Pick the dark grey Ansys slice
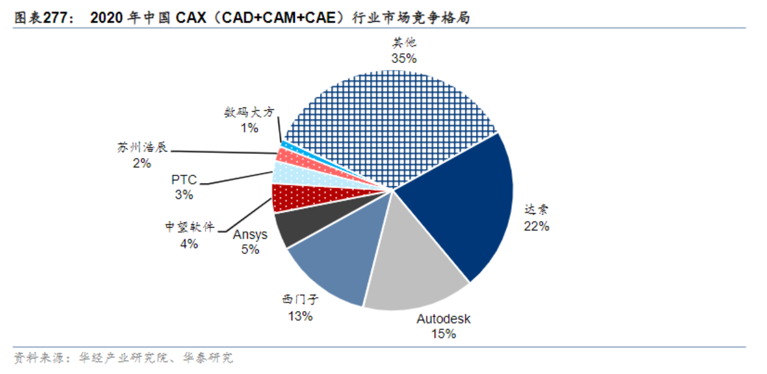tap(297, 226)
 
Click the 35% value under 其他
tap(404, 59)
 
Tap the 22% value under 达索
tap(536, 226)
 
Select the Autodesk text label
tap(443, 319)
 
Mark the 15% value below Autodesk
tap(443, 334)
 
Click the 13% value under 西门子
tap(300, 317)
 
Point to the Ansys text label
tap(250, 235)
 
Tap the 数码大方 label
tap(249, 113)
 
